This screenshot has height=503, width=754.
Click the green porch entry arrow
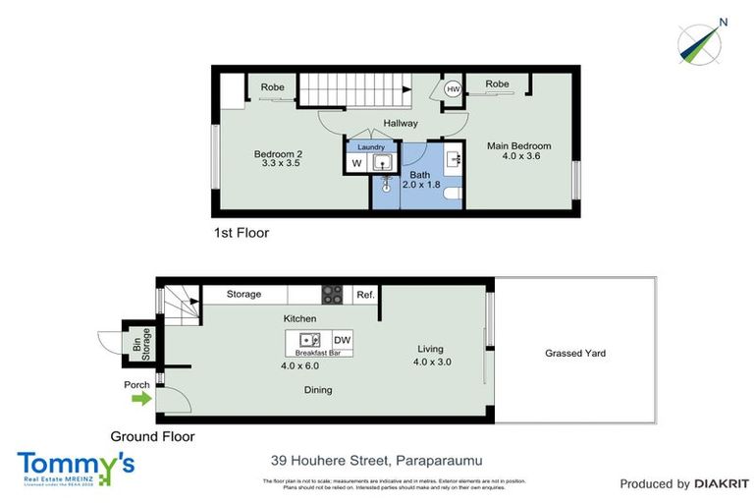(x=141, y=399)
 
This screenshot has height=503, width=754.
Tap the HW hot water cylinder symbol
(x=453, y=89)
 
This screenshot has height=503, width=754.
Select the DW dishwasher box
(x=343, y=341)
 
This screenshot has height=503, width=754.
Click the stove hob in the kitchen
(x=333, y=294)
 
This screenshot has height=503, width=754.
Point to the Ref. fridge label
(x=365, y=294)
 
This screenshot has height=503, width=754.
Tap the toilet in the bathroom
(x=451, y=196)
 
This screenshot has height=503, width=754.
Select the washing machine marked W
(x=355, y=163)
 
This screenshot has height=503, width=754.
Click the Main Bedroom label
(x=519, y=146)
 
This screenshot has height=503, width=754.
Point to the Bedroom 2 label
(x=278, y=153)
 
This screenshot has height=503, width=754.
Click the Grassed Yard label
(x=575, y=353)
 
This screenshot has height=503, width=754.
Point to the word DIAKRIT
(x=722, y=483)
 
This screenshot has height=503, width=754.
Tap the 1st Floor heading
(x=241, y=234)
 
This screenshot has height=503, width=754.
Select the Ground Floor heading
(x=152, y=436)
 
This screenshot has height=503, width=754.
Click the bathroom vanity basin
(x=453, y=157)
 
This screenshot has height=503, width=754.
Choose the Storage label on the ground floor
(x=243, y=294)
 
